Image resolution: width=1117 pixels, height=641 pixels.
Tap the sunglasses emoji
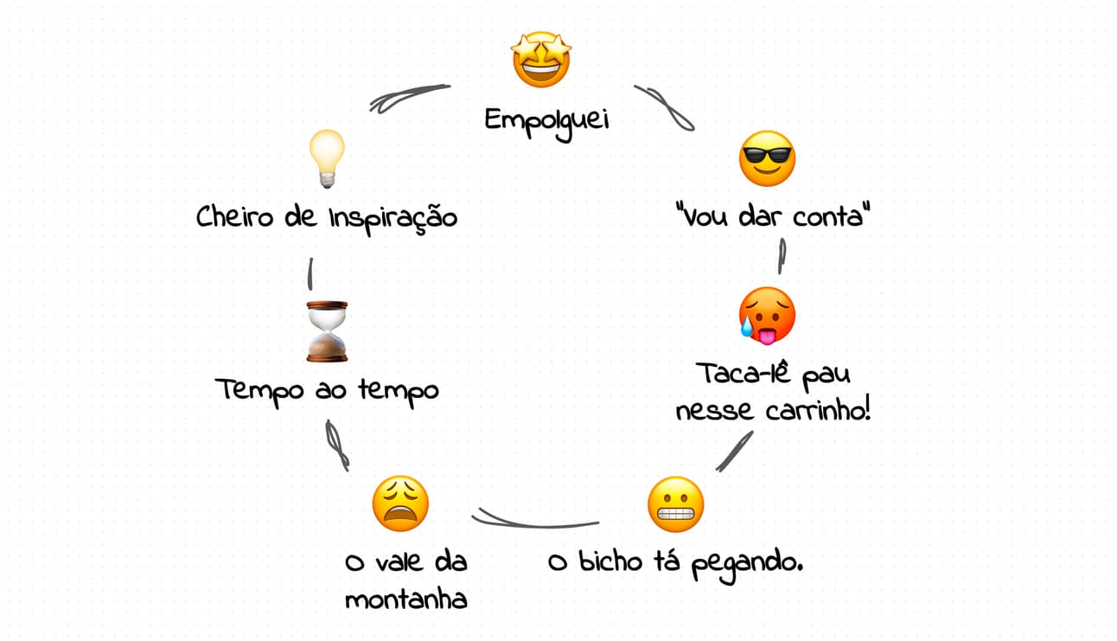tap(767, 158)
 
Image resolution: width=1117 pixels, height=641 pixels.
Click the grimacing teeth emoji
tap(675, 504)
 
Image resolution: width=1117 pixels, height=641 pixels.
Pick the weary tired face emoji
tap(400, 503)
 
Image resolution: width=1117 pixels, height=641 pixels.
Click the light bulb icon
tap(328, 159)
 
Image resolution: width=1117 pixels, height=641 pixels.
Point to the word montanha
tap(405, 599)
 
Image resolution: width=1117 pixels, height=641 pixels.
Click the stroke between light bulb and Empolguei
tap(409, 96)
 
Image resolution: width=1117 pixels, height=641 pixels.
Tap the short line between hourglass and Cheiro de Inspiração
tap(310, 274)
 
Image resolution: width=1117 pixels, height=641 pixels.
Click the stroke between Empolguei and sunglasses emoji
tap(665, 107)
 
